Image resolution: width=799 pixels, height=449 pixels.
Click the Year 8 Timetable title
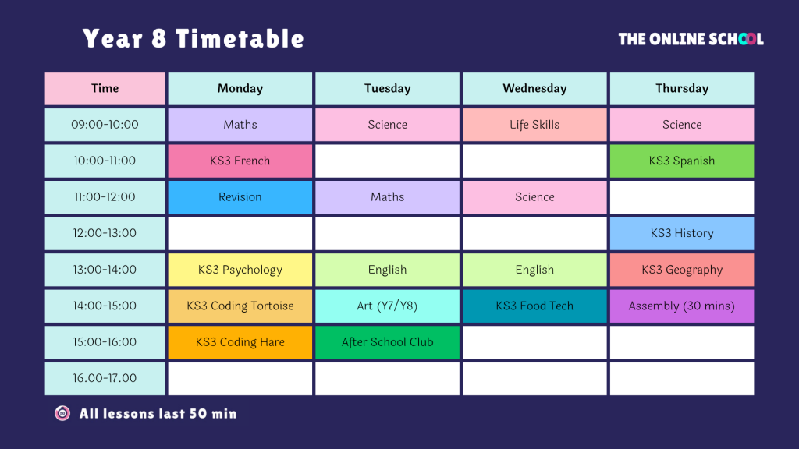point(194,39)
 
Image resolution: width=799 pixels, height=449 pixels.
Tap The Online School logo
point(691,39)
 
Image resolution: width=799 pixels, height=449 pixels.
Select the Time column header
point(105,89)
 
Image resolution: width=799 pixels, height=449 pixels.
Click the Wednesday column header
point(534,89)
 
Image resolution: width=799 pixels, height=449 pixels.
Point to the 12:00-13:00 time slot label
point(105,233)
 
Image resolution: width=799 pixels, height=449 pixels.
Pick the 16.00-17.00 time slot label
point(105,378)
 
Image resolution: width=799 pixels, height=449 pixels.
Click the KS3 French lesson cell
point(240,161)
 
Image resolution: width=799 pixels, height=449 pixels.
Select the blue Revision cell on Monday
point(240,197)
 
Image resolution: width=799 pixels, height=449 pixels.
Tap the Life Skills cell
point(534,125)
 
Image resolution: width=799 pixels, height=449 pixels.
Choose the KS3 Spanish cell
point(682,161)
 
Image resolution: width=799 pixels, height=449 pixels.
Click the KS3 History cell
point(682,233)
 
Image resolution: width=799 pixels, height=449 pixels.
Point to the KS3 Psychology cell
point(240,270)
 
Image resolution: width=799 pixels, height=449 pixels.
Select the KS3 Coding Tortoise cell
point(240,306)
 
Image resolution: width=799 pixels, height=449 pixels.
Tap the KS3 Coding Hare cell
point(240,342)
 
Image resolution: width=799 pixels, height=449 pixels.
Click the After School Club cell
point(387,342)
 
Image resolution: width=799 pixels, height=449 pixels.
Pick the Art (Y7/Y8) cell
point(387,306)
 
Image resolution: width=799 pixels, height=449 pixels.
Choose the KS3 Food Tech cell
point(534,306)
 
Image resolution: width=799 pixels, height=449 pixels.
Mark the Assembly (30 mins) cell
point(682,306)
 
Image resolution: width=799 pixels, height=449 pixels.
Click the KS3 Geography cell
point(682,270)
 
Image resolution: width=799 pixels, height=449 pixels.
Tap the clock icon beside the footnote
point(62,413)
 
